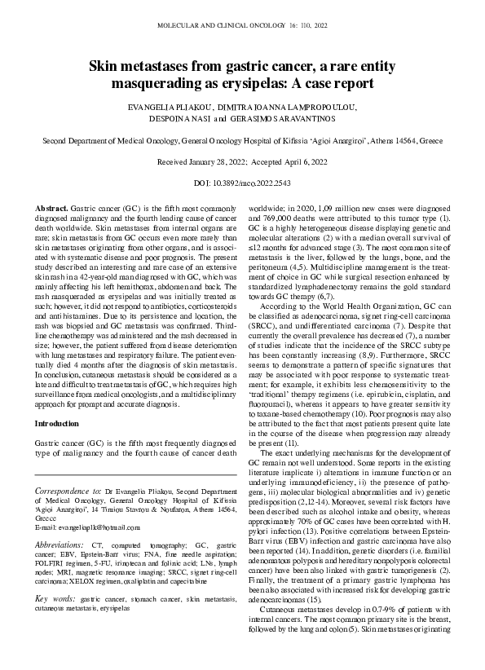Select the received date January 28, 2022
click(x=207, y=163)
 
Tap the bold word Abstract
click(x=53, y=210)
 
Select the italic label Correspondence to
click(x=69, y=492)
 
